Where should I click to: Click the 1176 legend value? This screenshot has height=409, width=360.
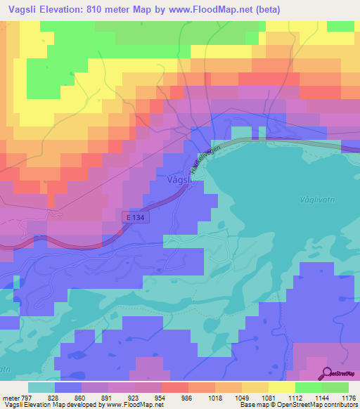pos(349,397)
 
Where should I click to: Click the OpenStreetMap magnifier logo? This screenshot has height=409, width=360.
pos(326,373)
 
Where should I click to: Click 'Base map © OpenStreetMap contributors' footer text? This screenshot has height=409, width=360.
pos(299,405)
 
